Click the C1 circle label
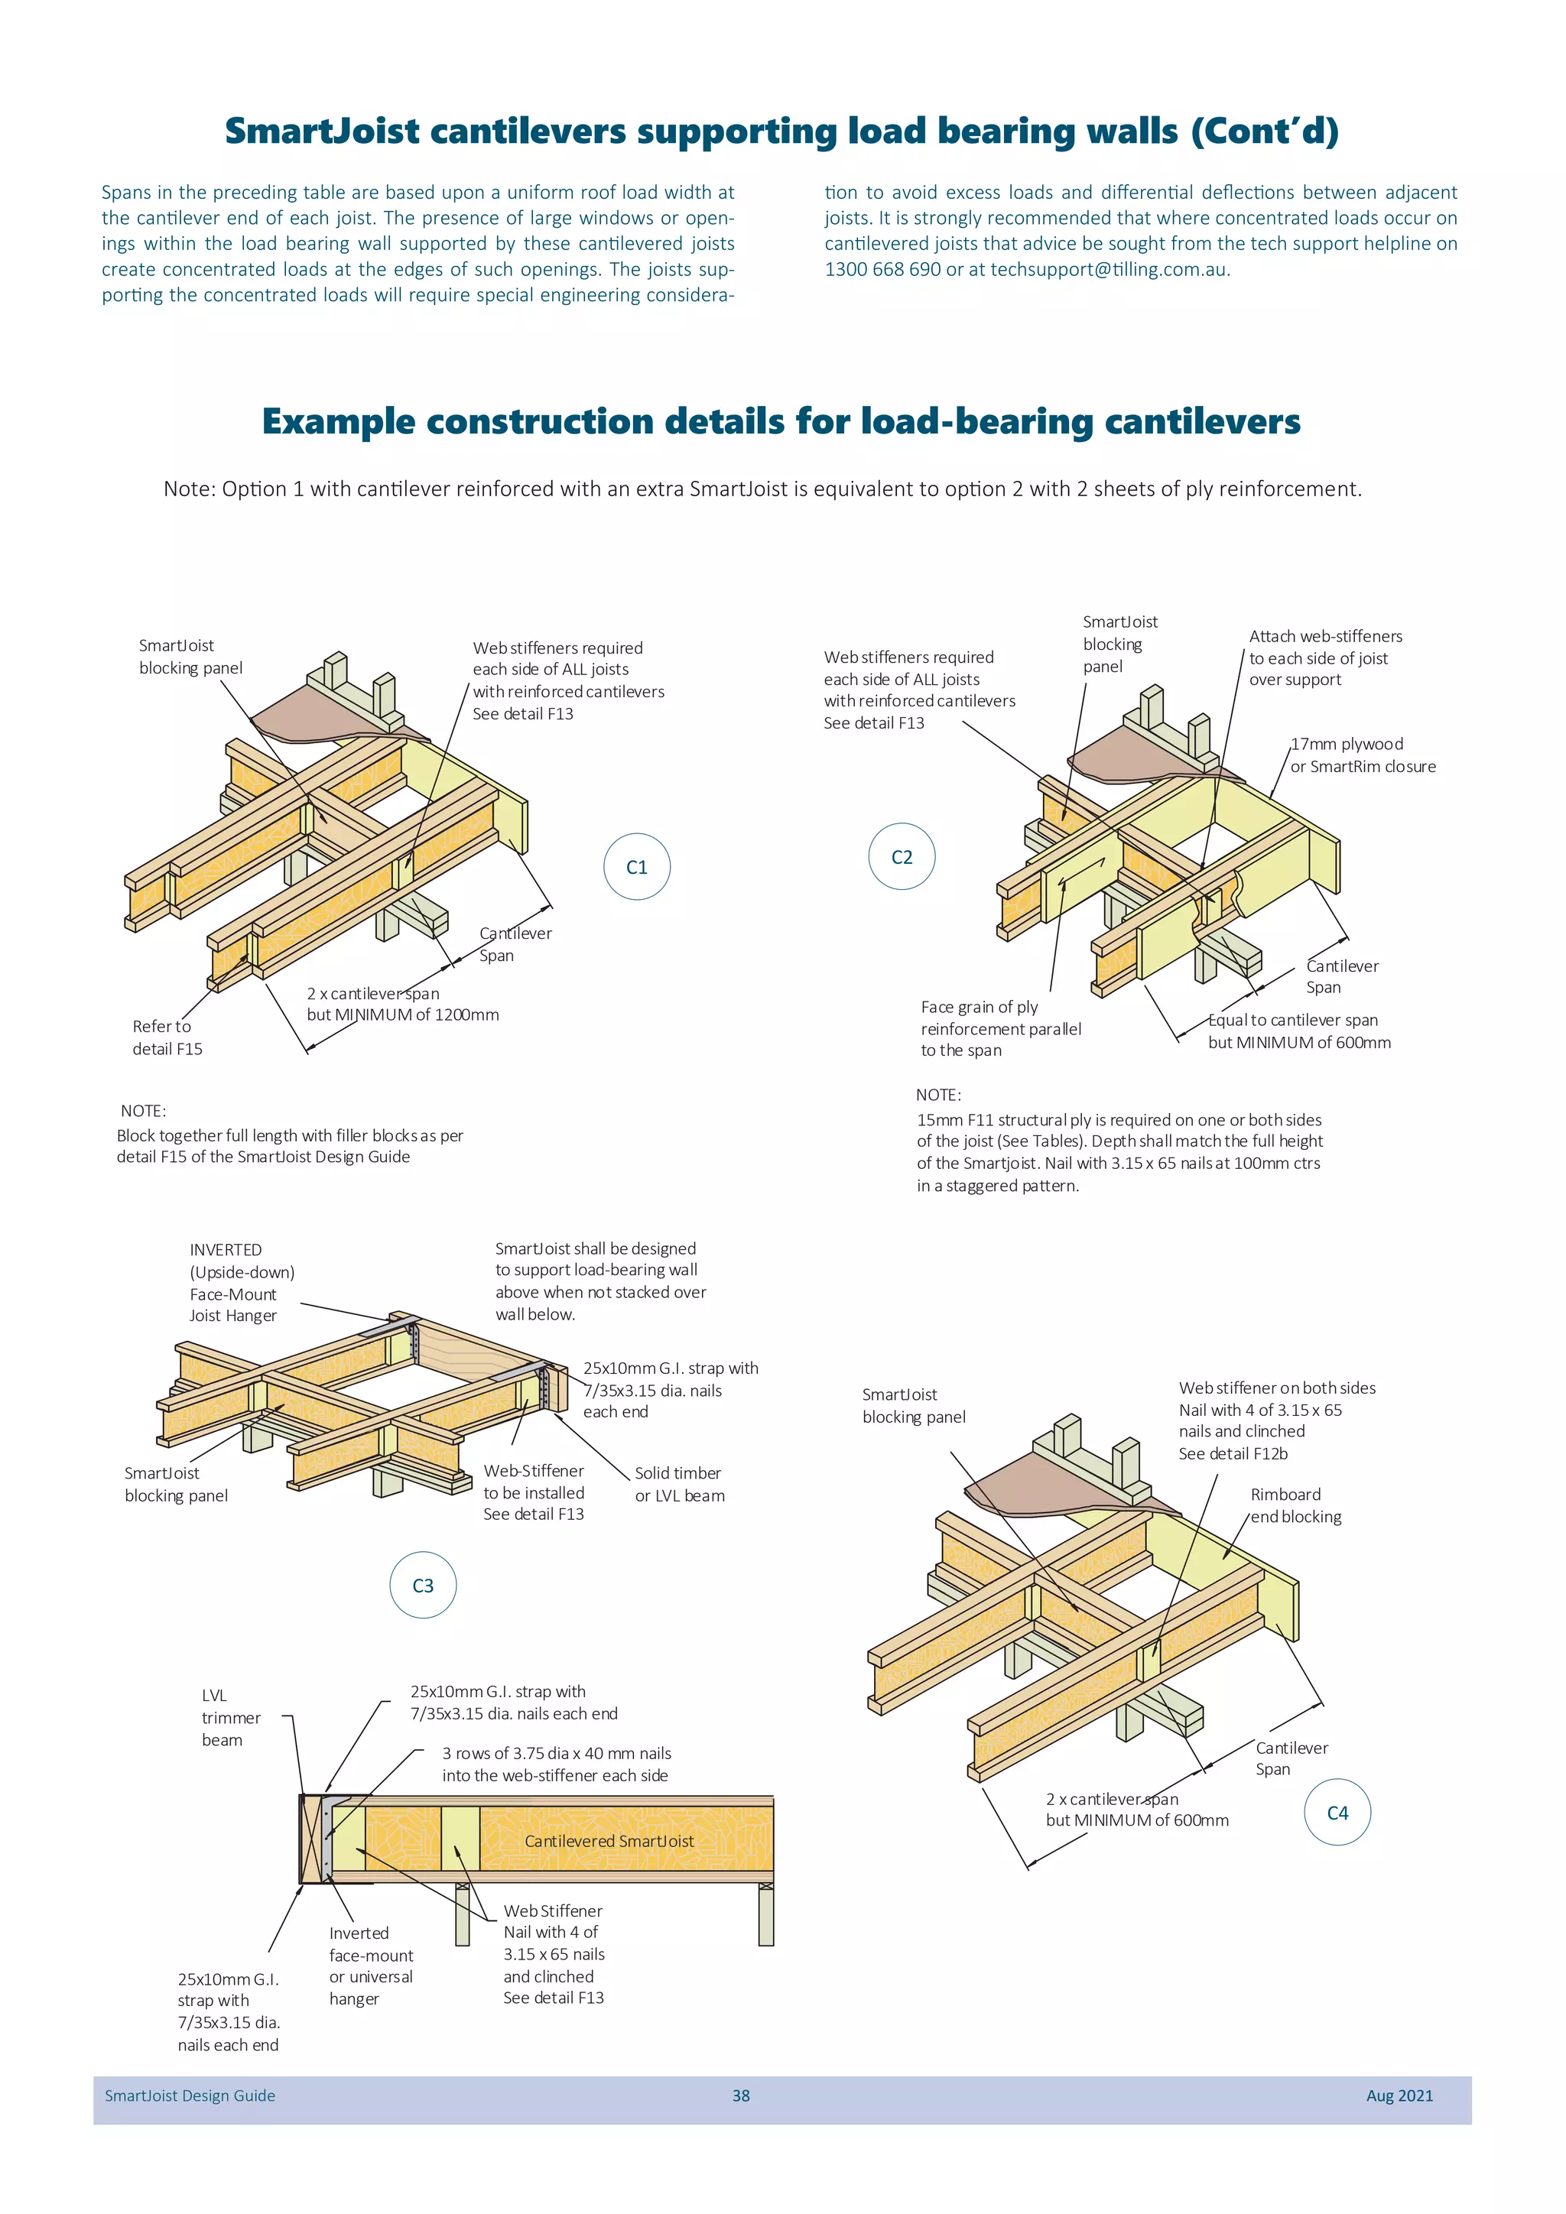pyautogui.click(x=636, y=867)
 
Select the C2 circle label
pyautogui.click(x=902, y=857)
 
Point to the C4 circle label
pyautogui.click(x=1337, y=1813)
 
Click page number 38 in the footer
pyautogui.click(x=741, y=2096)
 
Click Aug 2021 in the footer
pyautogui.click(x=1399, y=2096)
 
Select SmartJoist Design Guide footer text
pyautogui.click(x=190, y=2096)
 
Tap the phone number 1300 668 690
pyautogui.click(x=882, y=269)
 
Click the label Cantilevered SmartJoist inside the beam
pyautogui.click(x=609, y=1841)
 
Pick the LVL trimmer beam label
pyautogui.click(x=230, y=1717)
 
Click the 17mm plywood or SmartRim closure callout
pyautogui.click(x=1363, y=755)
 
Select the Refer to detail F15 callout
pyautogui.click(x=167, y=1037)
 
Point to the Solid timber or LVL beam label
pyautogui.click(x=679, y=1484)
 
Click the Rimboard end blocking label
pyautogui.click(x=1295, y=1505)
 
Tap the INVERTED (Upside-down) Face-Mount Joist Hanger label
pyautogui.click(x=241, y=1283)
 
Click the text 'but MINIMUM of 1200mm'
pyautogui.click(x=403, y=1014)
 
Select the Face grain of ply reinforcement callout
pyautogui.click(x=1000, y=1028)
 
